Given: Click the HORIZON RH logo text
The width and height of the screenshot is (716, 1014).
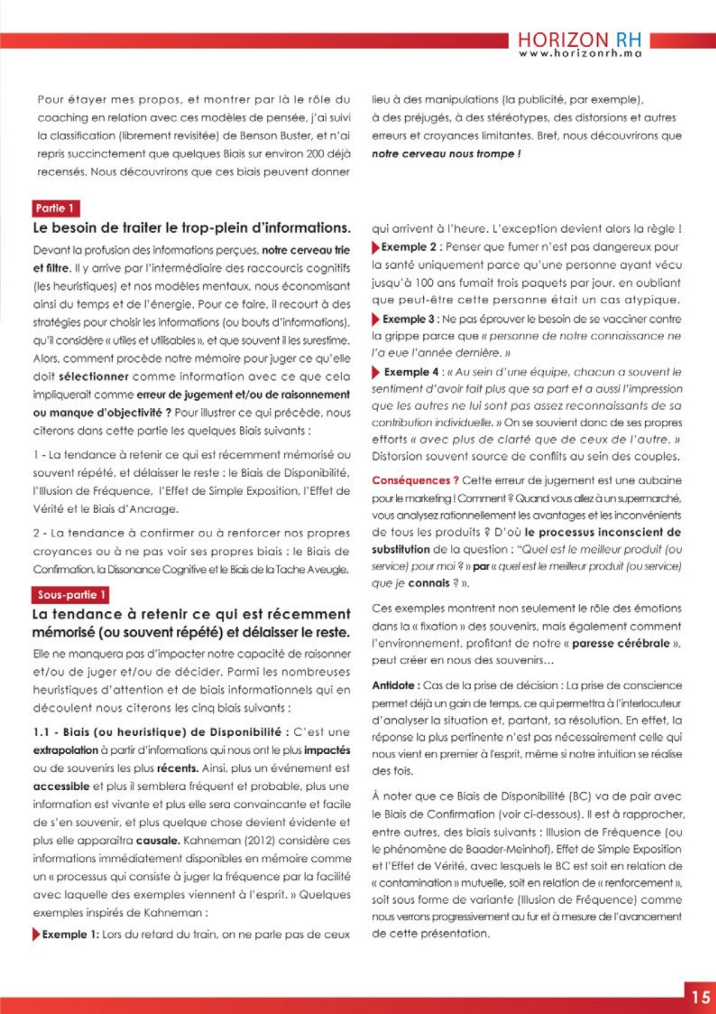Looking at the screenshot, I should pyautogui.click(x=579, y=39).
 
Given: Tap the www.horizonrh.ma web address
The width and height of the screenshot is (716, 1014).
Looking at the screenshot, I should pyautogui.click(x=580, y=54).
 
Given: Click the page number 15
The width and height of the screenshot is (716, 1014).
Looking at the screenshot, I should pyautogui.click(x=701, y=998).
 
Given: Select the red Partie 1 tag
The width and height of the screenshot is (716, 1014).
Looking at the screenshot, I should pyautogui.click(x=55, y=208).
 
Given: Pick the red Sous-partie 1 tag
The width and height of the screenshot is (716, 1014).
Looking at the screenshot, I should pyautogui.click(x=70, y=595).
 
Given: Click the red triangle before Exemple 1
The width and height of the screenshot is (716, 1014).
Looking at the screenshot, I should pyautogui.click(x=37, y=935).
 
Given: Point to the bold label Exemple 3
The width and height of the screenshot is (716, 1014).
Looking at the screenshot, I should pyautogui.click(x=408, y=319).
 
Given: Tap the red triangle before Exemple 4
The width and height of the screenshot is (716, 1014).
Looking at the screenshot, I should pyautogui.click(x=375, y=372).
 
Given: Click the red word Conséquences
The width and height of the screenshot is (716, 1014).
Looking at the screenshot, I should pyautogui.click(x=415, y=481).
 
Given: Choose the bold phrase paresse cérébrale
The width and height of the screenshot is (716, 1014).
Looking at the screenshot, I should pyautogui.click(x=621, y=643).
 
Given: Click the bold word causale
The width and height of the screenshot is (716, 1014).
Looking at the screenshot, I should pyautogui.click(x=158, y=840).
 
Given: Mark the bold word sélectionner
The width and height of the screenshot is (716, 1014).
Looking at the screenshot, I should pyautogui.click(x=93, y=376).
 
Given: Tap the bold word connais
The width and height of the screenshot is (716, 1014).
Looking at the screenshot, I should pyautogui.click(x=429, y=583).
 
